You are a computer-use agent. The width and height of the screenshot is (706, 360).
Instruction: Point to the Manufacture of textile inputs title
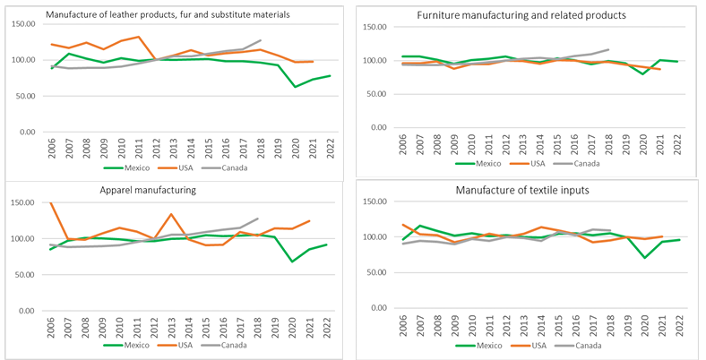coord(532,190)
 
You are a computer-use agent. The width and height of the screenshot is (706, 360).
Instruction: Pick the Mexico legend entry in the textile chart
coord(479,345)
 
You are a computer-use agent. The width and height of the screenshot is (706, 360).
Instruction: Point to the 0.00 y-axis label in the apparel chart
coord(29,311)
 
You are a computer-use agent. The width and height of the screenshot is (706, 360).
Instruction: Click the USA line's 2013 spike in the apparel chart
coord(171,214)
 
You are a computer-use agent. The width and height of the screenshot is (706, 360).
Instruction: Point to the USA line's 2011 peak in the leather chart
coord(138,37)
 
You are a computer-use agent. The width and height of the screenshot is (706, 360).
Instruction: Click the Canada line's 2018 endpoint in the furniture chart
coord(608,49)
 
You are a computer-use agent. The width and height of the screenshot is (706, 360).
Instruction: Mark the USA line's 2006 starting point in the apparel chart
coord(50,203)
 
